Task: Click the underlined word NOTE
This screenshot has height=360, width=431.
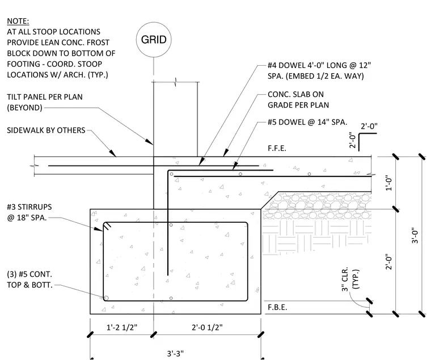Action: (x=18, y=21)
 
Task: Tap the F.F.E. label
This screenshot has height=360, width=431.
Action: (x=277, y=149)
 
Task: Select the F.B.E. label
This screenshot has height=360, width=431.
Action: (x=277, y=307)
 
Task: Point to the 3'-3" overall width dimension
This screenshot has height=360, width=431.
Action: (x=175, y=353)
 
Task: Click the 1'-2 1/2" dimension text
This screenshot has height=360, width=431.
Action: (x=122, y=327)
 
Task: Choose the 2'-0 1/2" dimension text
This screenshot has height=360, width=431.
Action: (x=207, y=327)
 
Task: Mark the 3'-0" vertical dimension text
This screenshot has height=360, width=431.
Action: (x=415, y=235)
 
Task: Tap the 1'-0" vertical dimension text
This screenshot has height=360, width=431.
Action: (x=388, y=183)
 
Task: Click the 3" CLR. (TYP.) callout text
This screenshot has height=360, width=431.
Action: (x=350, y=279)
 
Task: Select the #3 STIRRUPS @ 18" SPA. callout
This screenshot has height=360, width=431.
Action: (x=29, y=212)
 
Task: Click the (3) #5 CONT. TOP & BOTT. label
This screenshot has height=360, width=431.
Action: (x=29, y=279)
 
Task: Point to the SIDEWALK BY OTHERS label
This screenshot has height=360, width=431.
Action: (x=46, y=130)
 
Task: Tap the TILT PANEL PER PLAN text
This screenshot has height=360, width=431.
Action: (x=45, y=97)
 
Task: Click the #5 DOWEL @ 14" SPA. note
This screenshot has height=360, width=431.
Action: (x=307, y=122)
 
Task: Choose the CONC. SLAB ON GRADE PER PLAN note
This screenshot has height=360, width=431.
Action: (x=298, y=100)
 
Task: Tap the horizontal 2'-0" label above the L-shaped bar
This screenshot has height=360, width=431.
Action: (x=369, y=126)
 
